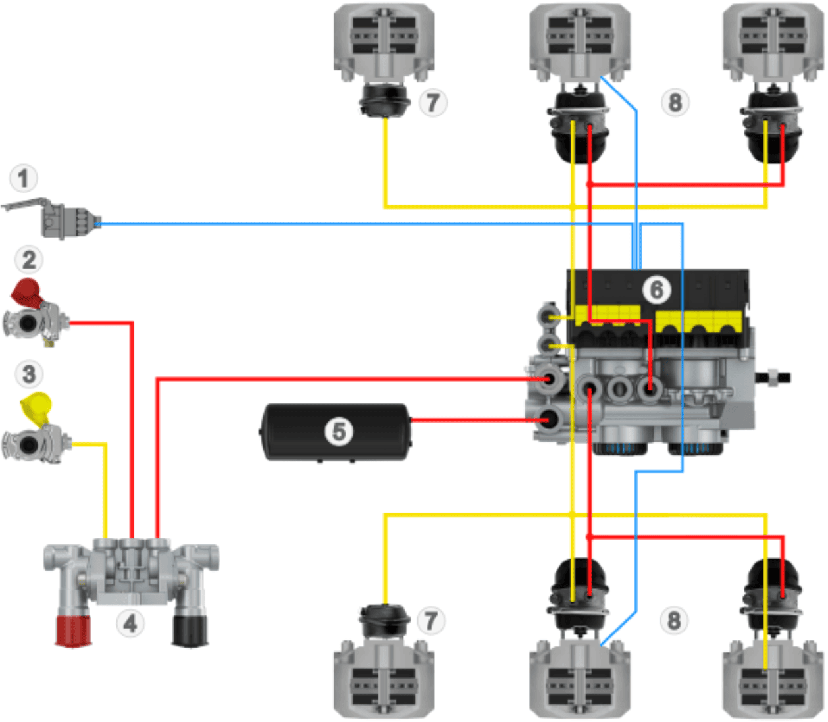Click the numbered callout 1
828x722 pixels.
24,178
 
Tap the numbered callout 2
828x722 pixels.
29,259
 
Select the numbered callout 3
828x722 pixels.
29,374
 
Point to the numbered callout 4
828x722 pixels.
130,623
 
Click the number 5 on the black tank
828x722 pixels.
339,432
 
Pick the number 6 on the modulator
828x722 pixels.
656,290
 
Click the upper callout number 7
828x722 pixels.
432,103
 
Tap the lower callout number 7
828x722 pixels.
431,621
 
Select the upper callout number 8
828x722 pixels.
675,103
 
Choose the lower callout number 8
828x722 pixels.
674,621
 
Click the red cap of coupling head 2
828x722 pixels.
26,292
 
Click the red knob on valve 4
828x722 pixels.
73,631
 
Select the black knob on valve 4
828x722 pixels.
190,631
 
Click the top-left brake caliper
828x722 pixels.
384,39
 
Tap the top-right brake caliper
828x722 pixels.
773,39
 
